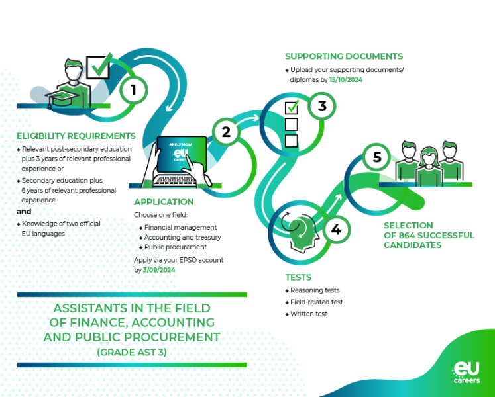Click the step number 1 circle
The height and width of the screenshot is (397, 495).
(133, 89)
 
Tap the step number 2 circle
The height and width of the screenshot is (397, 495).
(226, 132)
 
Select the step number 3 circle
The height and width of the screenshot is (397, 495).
(321, 106)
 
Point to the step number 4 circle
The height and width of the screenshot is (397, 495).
(336, 230)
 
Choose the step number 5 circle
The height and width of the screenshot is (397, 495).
(377, 157)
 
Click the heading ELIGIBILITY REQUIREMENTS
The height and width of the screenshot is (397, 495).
(76, 136)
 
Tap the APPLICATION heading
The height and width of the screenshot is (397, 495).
(164, 202)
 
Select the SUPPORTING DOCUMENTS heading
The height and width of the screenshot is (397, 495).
(343, 56)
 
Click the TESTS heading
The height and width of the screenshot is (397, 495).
(298, 277)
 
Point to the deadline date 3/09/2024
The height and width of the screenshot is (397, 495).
(159, 270)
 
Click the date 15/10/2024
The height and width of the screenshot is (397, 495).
(346, 79)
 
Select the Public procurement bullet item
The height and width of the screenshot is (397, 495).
(176, 247)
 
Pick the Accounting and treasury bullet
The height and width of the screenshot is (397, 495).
(182, 237)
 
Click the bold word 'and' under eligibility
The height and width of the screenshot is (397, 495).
(24, 212)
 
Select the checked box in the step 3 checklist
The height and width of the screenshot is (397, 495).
(292, 107)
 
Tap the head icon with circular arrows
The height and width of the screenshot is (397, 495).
(299, 234)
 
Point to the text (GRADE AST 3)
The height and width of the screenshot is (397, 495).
(132, 352)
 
